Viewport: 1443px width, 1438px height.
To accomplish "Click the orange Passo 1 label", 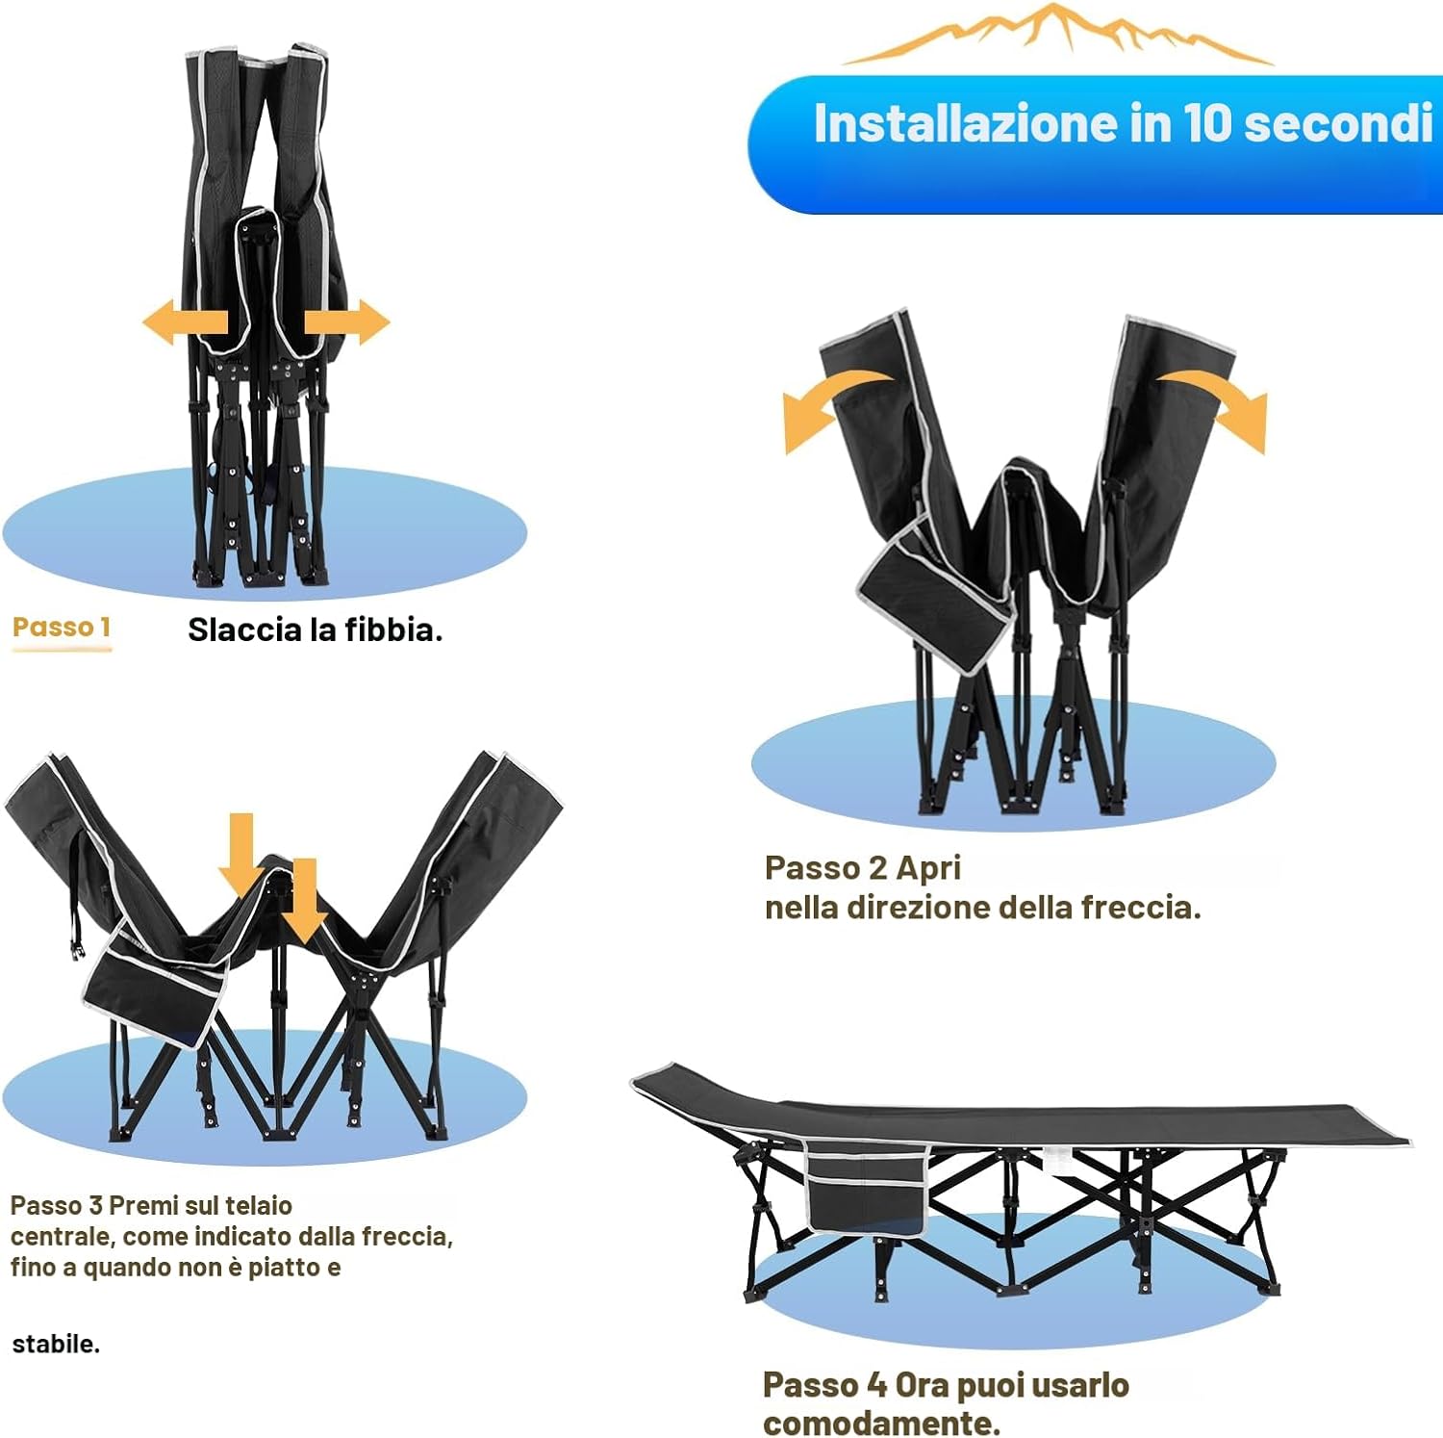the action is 62,627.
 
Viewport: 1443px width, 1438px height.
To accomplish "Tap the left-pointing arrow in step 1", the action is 185,321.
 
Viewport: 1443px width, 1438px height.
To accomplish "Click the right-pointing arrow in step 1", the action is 347,321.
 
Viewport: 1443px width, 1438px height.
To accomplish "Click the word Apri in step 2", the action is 928,868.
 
